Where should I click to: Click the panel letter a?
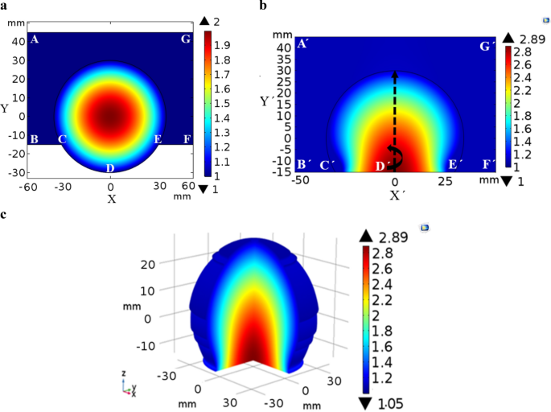pos(6,6)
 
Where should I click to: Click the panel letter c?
pos(6,213)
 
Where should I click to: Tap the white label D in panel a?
pos(110,167)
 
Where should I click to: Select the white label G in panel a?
pos(186,39)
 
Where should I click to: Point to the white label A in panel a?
pos(34,39)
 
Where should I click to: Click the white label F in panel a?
pos(186,139)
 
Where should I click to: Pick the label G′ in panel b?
pos(487,47)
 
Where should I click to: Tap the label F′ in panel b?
pos(487,164)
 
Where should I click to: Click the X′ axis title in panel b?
pos(396,195)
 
